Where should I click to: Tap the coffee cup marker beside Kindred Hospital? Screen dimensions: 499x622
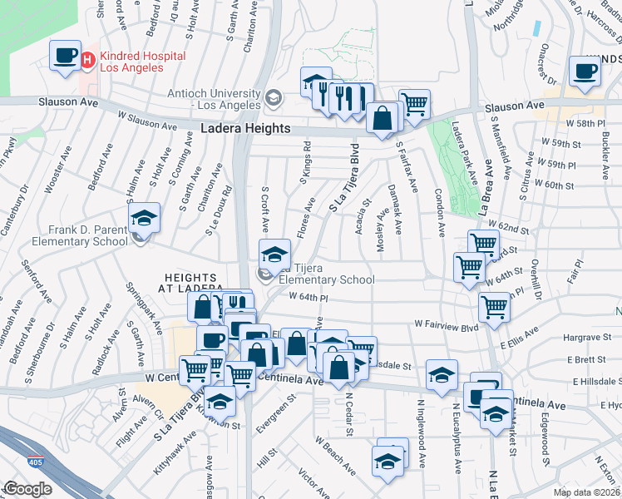64,55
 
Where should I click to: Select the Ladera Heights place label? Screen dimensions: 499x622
246,129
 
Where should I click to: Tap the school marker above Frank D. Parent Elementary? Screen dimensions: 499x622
144,218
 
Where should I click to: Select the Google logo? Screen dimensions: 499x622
27,489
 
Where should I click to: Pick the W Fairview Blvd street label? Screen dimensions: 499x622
447,327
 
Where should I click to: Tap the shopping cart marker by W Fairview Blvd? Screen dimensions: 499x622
495,306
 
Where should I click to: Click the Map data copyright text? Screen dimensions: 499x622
587,492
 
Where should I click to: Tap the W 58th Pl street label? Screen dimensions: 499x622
582,123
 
